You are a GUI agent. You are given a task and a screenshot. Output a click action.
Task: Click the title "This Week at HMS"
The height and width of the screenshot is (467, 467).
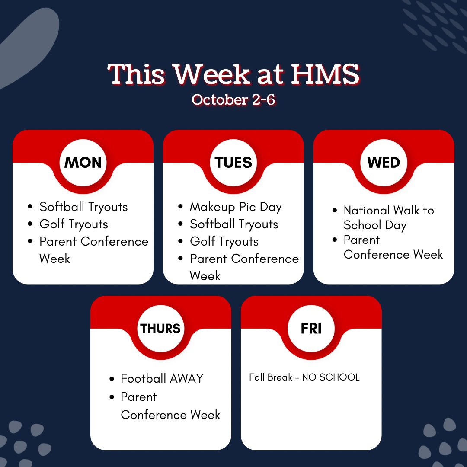[233, 74]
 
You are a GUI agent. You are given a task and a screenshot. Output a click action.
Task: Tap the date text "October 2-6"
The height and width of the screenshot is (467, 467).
[233, 100]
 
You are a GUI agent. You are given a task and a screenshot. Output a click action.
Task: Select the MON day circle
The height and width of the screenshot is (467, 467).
[83, 163]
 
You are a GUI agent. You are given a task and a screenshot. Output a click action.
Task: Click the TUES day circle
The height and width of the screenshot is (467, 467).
[233, 163]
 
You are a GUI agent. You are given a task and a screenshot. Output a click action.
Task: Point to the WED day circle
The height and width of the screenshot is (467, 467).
[384, 163]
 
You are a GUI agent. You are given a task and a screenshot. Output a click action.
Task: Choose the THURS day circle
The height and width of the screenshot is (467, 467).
[160, 329]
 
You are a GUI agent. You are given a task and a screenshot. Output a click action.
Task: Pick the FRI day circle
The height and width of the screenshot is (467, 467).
[311, 329]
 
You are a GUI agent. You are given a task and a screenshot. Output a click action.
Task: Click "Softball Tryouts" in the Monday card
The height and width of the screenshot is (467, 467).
[83, 207]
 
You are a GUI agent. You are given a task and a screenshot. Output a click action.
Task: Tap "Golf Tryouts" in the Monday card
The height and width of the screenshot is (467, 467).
[74, 224]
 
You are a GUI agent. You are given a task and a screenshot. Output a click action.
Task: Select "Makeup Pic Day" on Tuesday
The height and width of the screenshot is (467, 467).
[236, 207]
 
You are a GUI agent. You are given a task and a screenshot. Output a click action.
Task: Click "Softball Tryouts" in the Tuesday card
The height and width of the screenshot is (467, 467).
[234, 224]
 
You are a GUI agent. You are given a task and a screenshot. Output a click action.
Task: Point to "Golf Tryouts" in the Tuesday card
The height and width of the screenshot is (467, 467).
[224, 241]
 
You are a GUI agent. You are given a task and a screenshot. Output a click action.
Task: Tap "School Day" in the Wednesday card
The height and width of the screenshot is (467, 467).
[375, 225]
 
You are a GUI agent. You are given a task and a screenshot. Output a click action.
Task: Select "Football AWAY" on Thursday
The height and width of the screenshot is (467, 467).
[162, 379]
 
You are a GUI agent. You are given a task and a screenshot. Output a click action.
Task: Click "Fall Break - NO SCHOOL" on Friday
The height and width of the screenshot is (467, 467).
[304, 377]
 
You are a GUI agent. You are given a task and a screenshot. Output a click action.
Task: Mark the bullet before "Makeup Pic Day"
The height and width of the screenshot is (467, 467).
[180, 207]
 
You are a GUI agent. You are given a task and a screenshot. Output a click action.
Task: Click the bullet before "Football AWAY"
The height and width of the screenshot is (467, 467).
[112, 379]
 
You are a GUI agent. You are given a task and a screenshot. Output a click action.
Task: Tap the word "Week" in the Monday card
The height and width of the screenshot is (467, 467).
[54, 259]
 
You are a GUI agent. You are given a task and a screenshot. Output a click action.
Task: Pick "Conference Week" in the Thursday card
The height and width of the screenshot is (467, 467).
[170, 415]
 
